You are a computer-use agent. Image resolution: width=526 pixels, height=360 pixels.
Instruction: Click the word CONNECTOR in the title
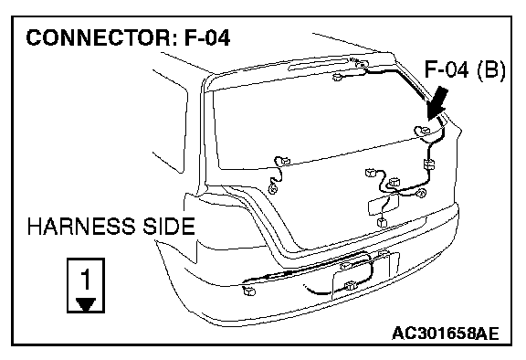click(99, 37)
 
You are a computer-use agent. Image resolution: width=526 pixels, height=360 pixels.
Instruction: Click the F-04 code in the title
click(207, 37)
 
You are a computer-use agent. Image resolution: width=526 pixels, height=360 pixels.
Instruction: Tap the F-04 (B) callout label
click(465, 69)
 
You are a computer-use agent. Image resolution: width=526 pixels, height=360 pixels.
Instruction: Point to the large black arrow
click(437, 104)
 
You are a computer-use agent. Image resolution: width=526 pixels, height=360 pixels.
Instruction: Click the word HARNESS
click(80, 226)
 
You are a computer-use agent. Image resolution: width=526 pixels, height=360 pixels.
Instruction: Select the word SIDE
click(169, 226)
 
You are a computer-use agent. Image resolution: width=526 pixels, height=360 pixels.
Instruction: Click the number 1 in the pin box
click(86, 279)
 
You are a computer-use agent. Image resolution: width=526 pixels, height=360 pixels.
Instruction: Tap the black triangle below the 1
click(86, 304)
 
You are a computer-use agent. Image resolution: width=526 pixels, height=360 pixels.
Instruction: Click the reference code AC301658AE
click(445, 334)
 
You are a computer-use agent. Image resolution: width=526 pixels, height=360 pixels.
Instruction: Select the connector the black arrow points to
click(423, 130)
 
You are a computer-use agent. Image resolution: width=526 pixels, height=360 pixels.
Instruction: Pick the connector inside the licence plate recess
click(351, 285)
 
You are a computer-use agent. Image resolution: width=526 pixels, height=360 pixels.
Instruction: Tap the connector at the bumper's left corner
click(249, 291)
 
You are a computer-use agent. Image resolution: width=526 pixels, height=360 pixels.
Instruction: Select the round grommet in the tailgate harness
click(421, 193)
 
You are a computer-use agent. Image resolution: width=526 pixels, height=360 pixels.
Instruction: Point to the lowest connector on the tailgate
click(382, 222)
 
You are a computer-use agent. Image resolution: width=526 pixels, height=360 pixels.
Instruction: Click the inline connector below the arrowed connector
click(429, 164)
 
